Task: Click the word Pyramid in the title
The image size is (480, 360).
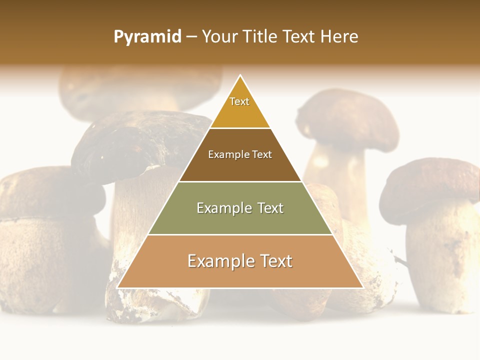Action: [147, 37]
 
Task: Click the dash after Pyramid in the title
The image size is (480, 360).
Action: [191, 37]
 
